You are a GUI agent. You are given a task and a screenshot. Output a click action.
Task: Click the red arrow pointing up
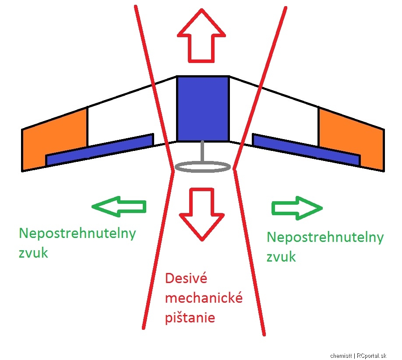pos(201,36)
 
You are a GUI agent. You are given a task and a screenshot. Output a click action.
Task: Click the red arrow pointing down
pos(201,215)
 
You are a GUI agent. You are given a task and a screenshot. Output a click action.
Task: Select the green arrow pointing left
pos(119,206)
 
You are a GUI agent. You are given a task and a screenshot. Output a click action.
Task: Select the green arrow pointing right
pos(297,208)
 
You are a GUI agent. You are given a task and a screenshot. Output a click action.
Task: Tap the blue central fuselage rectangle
pos(203,108)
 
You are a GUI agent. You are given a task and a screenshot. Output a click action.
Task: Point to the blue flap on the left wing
pos(100,150)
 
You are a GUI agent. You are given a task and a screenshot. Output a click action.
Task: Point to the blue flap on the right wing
pos(307,150)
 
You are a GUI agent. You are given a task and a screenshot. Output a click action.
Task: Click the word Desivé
pos(186,278)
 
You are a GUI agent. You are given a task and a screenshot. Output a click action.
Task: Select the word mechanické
pos(204,298)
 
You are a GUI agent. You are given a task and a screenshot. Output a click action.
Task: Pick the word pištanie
pos(190,318)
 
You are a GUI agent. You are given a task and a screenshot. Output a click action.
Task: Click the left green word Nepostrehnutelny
pos(78,234)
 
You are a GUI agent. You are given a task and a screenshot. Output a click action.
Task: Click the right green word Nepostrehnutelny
pos(325,238)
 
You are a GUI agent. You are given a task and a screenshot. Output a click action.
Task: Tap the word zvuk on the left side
pos(33,253)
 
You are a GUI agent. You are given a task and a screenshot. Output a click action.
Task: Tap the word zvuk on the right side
pos(281,257)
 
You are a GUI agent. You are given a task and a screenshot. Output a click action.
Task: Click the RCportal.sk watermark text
pos(371,356)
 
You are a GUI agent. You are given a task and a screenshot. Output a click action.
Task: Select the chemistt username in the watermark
pos(341,356)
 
